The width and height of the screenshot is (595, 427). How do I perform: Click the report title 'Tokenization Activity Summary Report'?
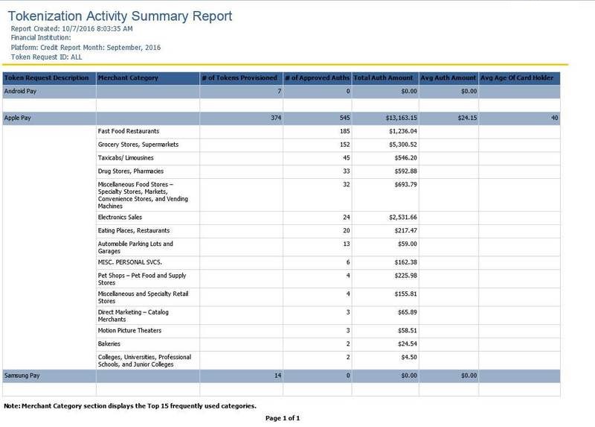120,16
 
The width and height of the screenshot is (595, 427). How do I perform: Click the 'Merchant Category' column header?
128,78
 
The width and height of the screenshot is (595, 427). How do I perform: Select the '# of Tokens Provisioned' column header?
239,78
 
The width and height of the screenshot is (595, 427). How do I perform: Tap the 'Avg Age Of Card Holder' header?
517,78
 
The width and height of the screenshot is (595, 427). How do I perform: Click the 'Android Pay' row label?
20,91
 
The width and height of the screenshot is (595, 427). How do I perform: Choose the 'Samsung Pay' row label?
22,376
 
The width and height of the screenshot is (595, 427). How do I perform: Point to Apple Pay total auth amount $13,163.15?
401,118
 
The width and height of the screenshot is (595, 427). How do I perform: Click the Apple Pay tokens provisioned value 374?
276,118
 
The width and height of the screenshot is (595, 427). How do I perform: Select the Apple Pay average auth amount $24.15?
467,118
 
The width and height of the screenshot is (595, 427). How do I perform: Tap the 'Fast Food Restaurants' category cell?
129,131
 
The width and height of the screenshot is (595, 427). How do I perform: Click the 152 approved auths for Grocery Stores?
345,145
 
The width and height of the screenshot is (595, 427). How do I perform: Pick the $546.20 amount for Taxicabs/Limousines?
405,158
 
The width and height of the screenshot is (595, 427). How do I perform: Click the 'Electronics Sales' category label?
120,217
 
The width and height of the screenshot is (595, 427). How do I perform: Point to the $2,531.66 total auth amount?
402,217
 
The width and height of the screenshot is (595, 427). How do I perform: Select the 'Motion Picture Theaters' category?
129,330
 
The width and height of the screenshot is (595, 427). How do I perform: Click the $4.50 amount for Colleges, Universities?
409,357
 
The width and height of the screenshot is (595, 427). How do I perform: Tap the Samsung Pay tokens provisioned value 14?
277,376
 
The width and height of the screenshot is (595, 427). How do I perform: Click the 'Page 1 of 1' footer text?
283,418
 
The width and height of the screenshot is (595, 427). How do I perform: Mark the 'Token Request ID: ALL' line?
46,57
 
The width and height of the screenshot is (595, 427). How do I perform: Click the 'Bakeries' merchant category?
109,344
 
